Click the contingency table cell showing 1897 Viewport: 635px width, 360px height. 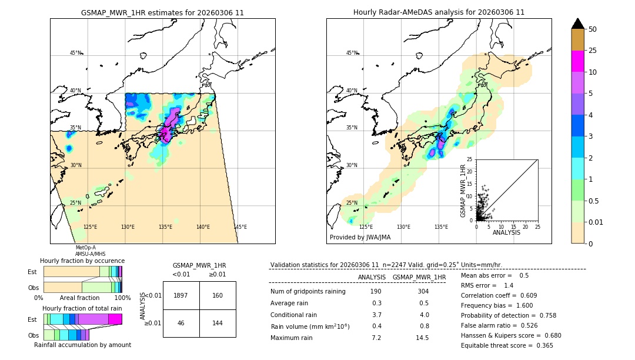coord(181,295)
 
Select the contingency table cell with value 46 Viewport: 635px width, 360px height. coord(181,324)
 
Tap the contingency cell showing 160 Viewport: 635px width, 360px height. coord(218,295)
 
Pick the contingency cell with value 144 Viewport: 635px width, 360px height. coord(218,324)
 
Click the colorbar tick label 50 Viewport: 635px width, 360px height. coord(593,29)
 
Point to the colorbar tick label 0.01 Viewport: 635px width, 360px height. coord(596,222)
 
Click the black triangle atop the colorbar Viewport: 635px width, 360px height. coord(577,24)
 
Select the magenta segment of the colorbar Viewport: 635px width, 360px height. coord(577,61)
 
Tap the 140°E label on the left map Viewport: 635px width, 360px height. coord(203,227)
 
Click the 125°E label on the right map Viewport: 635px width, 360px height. coord(366,227)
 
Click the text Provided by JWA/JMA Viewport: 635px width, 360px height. coord(360,237)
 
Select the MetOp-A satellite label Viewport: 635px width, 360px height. coord(85,248)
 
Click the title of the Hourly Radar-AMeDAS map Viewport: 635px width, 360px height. coord(439,12)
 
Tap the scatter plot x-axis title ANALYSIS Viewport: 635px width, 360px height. coord(506,232)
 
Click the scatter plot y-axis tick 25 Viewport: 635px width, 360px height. coord(470,159)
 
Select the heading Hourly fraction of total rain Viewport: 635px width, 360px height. coord(82,308)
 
